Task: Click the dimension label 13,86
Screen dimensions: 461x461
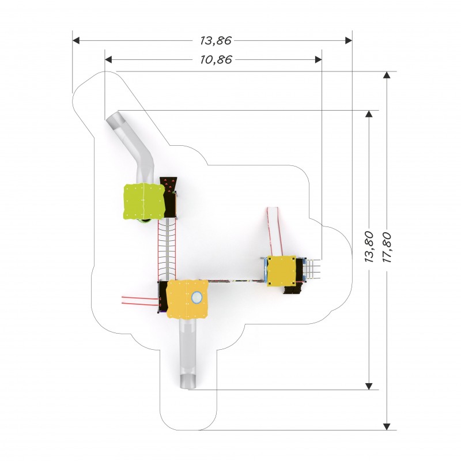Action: (x=216, y=40)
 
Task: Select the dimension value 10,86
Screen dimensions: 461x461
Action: (x=216, y=60)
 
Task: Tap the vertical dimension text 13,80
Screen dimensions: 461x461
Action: (x=369, y=247)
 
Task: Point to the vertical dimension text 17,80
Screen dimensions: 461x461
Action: (x=386, y=247)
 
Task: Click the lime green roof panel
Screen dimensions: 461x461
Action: (x=143, y=201)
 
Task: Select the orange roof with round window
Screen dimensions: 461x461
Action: (x=187, y=299)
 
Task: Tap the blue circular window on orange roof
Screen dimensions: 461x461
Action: (x=197, y=297)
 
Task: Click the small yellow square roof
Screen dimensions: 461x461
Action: (x=281, y=270)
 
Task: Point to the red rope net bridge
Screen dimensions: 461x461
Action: (x=167, y=250)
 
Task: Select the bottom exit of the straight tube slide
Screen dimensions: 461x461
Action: (x=188, y=381)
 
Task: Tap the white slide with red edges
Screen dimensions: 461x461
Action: (x=275, y=232)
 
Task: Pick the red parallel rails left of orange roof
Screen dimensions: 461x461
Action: (x=140, y=301)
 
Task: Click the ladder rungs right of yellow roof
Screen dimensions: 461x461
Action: (x=313, y=269)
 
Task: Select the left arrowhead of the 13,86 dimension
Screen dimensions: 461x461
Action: (x=76, y=40)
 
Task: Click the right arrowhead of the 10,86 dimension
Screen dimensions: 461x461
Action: (x=318, y=60)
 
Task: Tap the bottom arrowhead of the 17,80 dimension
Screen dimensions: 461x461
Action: (x=387, y=426)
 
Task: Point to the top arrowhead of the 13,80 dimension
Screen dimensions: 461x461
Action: (x=369, y=114)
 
